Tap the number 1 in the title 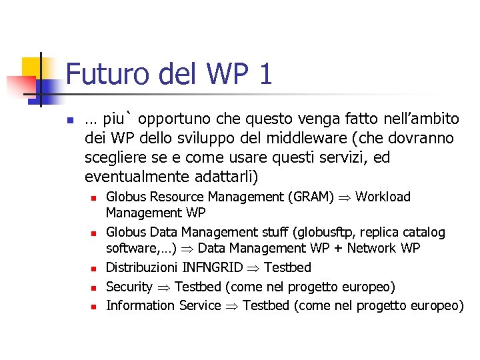tap(265, 73)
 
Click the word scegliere tap(115, 158)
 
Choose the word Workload tap(383, 197)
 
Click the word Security tap(129, 287)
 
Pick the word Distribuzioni tap(142, 268)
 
